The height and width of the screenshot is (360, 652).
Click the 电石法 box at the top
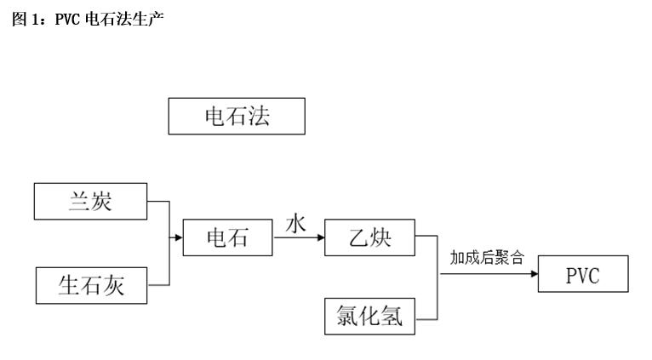(x=237, y=116)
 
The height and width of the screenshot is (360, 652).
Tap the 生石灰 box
(x=90, y=285)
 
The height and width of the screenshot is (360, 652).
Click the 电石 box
(x=228, y=237)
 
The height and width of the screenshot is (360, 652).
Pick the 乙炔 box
(x=370, y=237)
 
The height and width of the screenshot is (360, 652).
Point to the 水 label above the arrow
(x=295, y=225)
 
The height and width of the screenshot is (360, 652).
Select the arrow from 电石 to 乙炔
(x=299, y=238)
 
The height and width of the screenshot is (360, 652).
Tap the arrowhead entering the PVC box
(x=533, y=276)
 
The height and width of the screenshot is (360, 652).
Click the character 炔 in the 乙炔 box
(x=381, y=238)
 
